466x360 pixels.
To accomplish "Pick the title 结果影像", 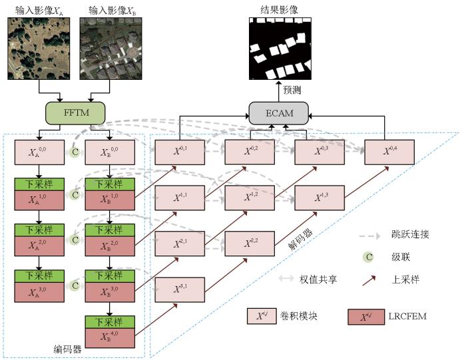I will (x=280, y=9).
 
